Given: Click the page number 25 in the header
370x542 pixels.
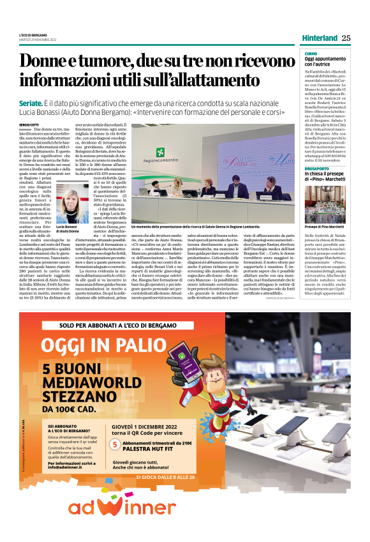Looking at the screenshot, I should coord(346,38).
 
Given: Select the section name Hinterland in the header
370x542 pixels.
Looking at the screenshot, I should coord(320,38).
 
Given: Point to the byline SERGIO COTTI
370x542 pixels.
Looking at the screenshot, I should coord(29,124).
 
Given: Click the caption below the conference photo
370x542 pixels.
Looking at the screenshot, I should coord(196,227).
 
